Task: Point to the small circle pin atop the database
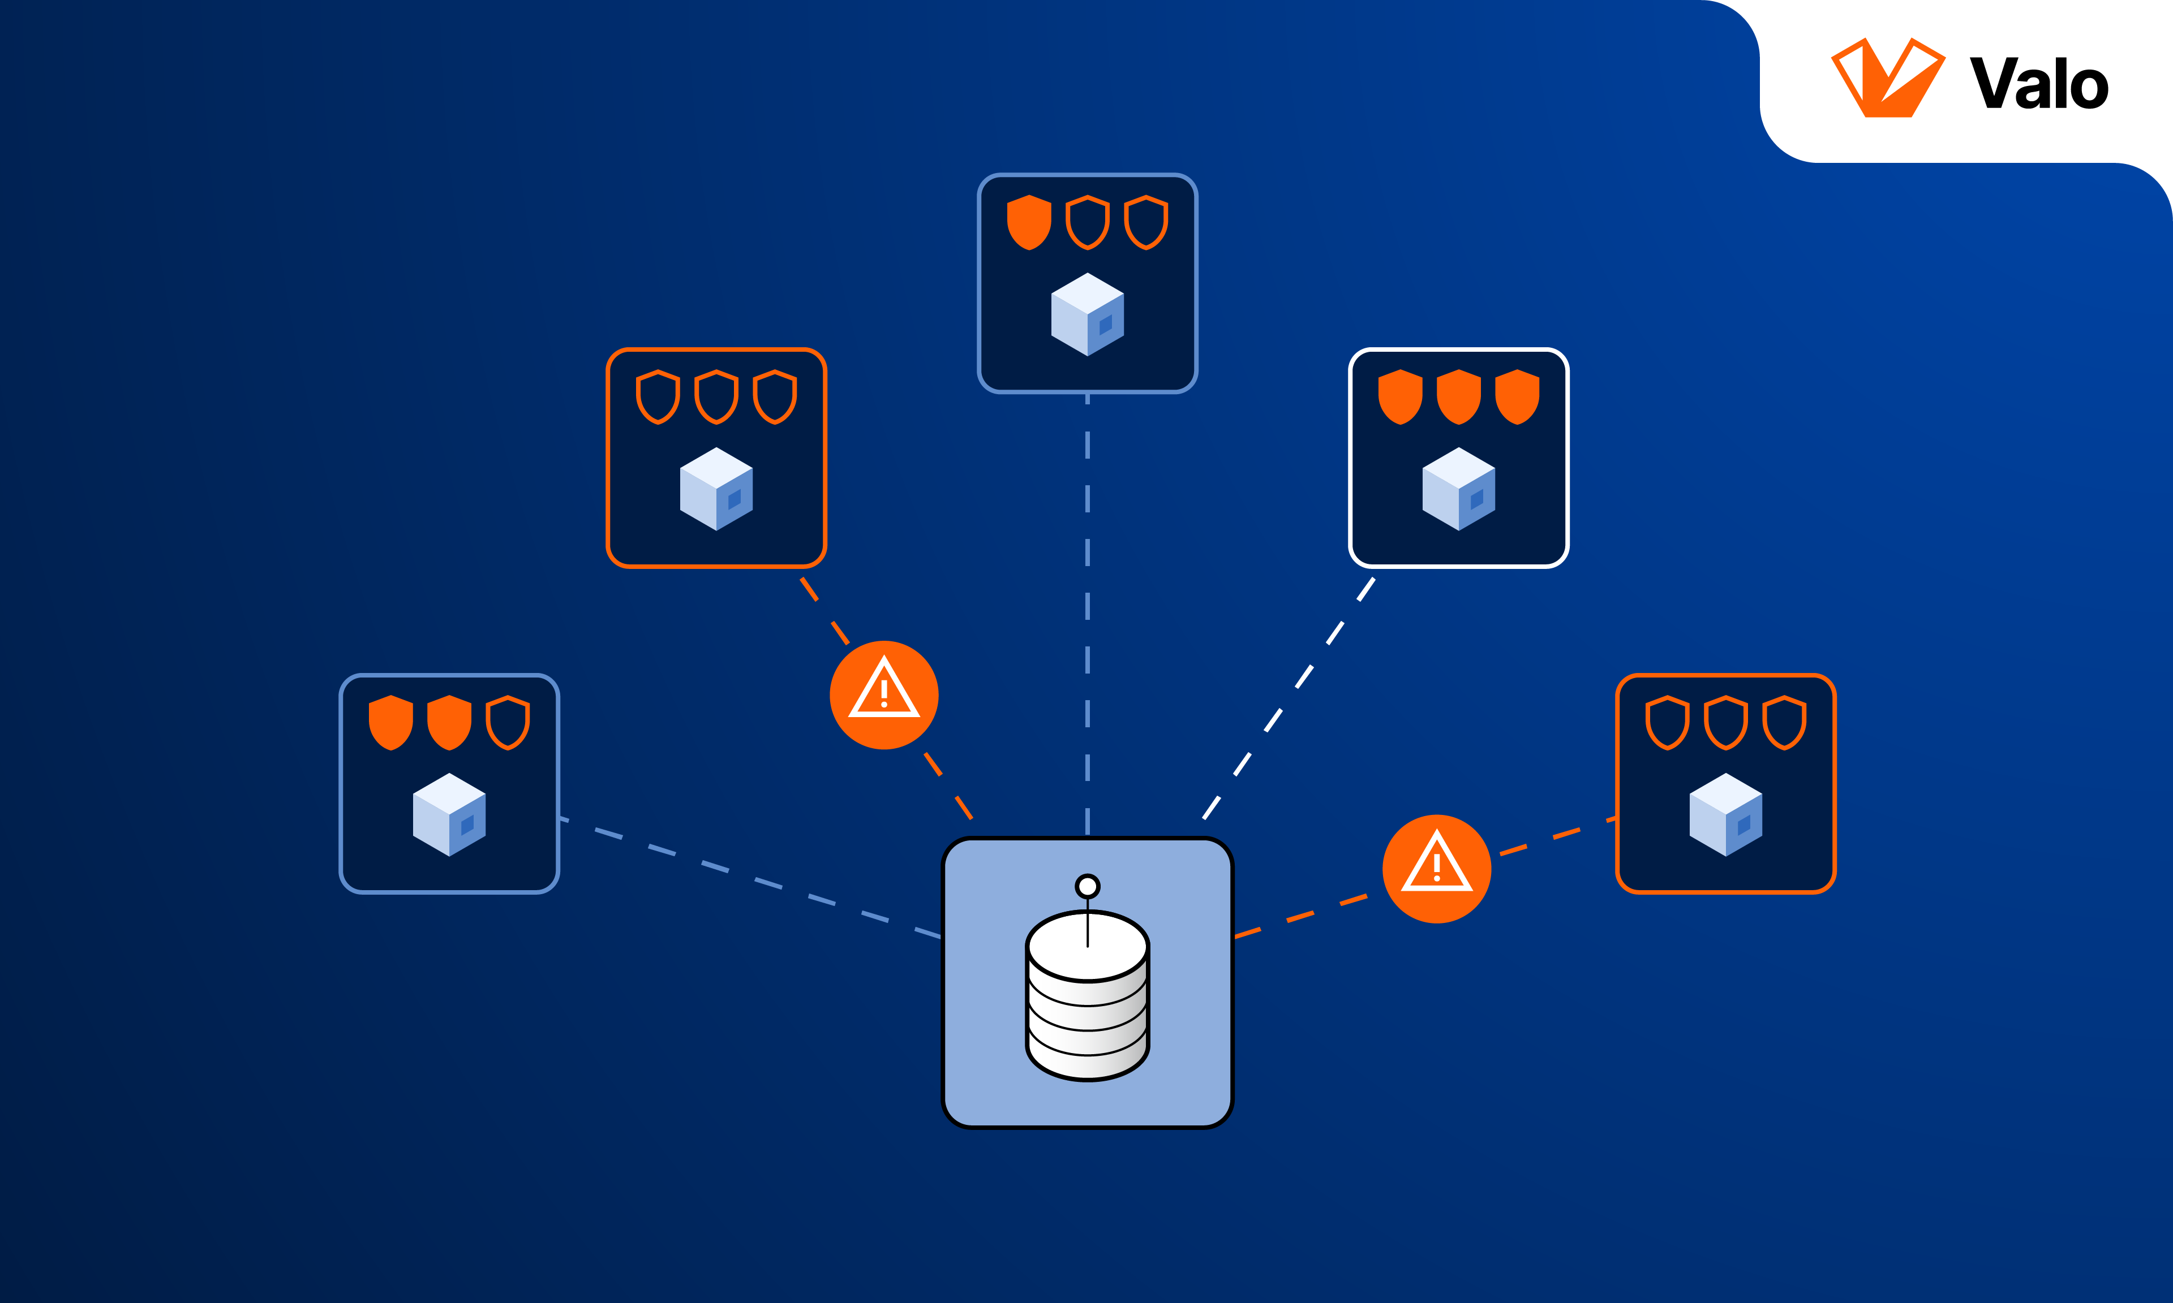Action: (x=1088, y=886)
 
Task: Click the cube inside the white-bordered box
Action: (x=1458, y=489)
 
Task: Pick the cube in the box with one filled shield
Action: (x=1088, y=314)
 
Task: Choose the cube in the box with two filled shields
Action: (x=449, y=815)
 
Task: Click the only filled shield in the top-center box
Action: (x=1029, y=222)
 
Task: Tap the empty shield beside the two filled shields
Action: (x=508, y=723)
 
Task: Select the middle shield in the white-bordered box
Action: (x=1458, y=397)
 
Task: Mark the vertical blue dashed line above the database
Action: (x=1088, y=615)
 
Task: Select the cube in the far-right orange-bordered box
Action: (x=1725, y=815)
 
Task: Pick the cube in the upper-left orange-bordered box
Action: (x=716, y=489)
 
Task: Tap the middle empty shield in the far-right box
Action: (x=1725, y=723)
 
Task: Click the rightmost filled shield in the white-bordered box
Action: (x=1517, y=397)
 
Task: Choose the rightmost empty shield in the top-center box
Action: (x=1146, y=222)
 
